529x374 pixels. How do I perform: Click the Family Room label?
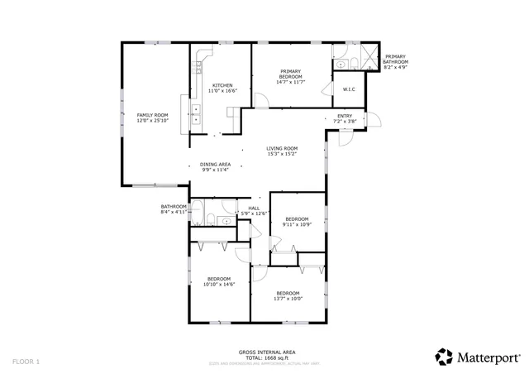point(152,115)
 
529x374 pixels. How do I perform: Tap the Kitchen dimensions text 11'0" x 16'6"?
point(222,91)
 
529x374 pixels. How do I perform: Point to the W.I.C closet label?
point(348,89)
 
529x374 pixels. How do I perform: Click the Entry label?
point(345,116)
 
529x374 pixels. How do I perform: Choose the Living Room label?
point(282,148)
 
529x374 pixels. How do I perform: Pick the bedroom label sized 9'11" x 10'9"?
point(296,219)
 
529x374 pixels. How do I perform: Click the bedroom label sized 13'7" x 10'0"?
point(288,293)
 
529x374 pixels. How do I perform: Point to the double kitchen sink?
point(198,114)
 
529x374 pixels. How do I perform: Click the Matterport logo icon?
point(444,356)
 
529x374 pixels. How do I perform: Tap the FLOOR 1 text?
point(26,361)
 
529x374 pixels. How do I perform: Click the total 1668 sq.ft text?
point(261,357)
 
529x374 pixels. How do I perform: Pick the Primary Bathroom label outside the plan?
point(396,59)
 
